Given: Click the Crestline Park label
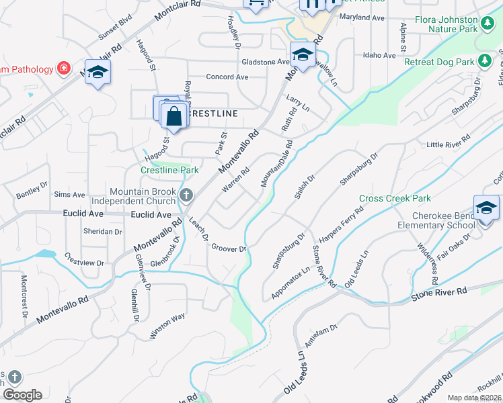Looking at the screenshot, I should coord(169,171).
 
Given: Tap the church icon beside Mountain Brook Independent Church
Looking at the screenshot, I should coord(187,195).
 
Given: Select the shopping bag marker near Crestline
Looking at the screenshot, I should coord(174,116).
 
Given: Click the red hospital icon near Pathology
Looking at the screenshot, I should coord(63,68).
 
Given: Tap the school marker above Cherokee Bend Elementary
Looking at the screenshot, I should coord(486,208).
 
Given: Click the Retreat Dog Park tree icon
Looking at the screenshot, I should coord(484,61).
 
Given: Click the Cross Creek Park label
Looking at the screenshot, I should coord(395,199).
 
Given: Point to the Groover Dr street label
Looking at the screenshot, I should coord(229,249).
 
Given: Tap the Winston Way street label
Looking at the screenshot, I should coord(167,317).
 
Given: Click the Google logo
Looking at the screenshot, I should coord(22,395).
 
